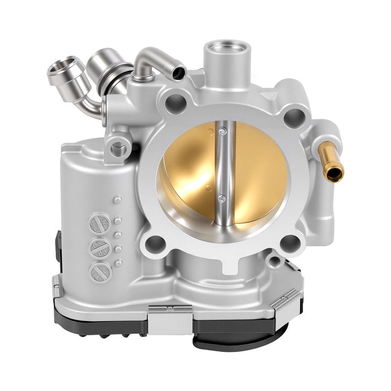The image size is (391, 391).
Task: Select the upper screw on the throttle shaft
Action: click(223, 131)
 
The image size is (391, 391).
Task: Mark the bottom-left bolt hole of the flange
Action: click(156, 241)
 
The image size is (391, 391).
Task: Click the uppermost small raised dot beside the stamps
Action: click(117, 199)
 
